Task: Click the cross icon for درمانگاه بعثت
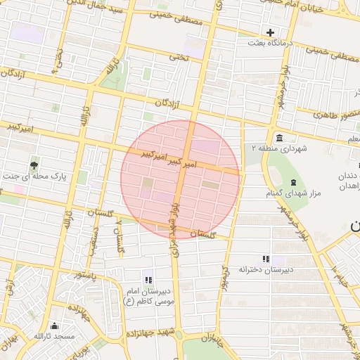270,32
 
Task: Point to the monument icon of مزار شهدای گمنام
293,182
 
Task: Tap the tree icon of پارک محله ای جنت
34,166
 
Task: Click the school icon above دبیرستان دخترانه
265,259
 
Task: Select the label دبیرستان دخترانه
265,269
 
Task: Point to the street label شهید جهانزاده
150,331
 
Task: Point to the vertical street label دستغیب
93,239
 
